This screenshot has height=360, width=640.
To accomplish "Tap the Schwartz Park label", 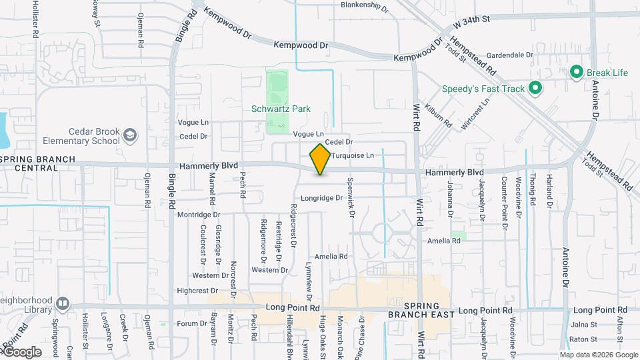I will pyautogui.click(x=281, y=109).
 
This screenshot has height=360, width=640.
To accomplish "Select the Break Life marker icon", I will pyautogui.click(x=576, y=72).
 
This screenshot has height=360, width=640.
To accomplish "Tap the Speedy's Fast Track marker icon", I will pyautogui.click(x=535, y=88).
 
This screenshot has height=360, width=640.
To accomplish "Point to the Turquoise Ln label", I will pyautogui.click(x=353, y=155).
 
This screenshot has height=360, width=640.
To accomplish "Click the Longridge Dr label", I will pyautogui.click(x=321, y=198).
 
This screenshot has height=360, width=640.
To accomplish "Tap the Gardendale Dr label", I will pyautogui.click(x=510, y=55).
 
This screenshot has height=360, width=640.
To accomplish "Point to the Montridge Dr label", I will pyautogui.click(x=199, y=215).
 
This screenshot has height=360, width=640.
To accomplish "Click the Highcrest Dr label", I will pyautogui.click(x=197, y=291).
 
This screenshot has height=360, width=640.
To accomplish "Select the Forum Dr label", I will pyautogui.click(x=193, y=324).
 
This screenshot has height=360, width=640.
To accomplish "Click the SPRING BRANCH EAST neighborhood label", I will pyautogui.click(x=423, y=308).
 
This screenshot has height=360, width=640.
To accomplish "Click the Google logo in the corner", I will pyautogui.click(x=21, y=352).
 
